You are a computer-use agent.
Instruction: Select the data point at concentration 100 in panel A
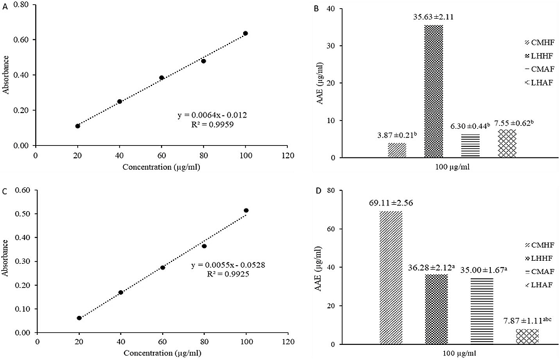pos(245,33)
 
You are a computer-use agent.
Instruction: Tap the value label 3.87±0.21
pos(397,136)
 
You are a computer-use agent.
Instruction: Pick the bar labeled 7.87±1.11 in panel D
pos(527,336)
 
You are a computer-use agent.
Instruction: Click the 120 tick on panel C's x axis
pos(288,342)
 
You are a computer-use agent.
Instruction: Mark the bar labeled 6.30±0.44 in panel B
pos(469,146)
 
